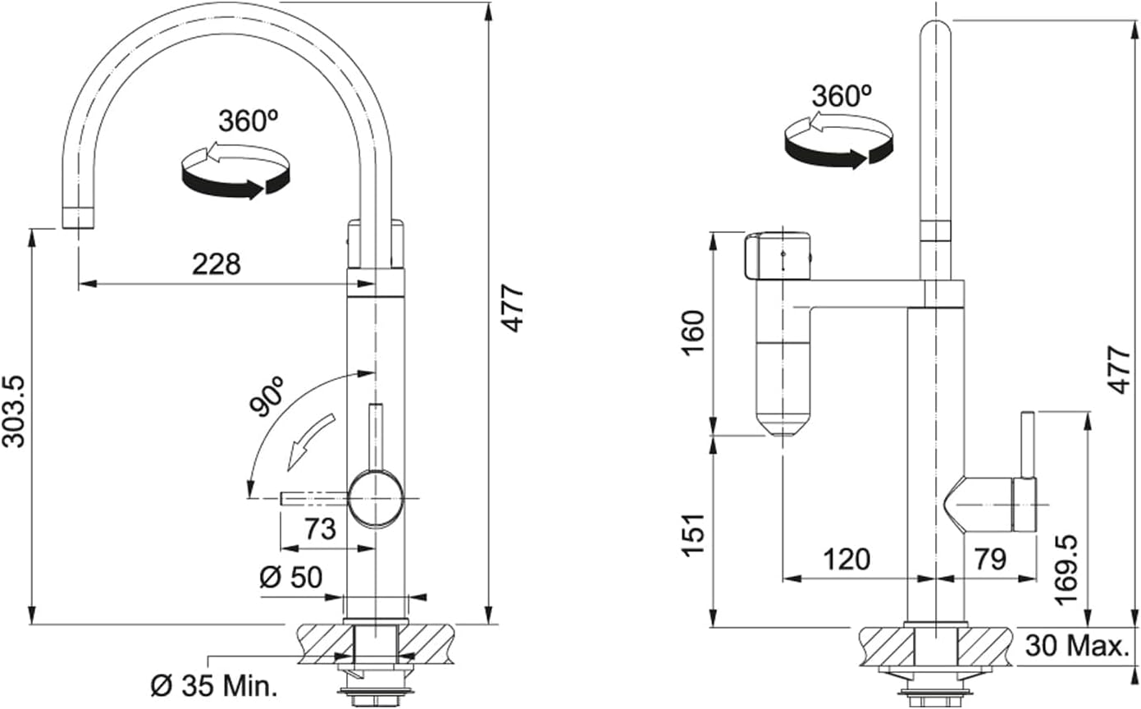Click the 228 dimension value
click(x=216, y=264)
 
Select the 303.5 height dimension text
click(x=14, y=412)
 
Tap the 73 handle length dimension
click(x=321, y=528)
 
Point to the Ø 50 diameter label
click(x=291, y=577)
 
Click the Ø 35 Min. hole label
click(x=214, y=687)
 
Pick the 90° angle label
click(x=267, y=396)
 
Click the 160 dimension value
click(x=693, y=333)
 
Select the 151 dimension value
click(x=693, y=535)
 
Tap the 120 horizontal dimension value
click(x=847, y=559)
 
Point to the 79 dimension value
click(x=990, y=559)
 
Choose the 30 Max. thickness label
click(x=1077, y=646)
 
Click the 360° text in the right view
click(x=842, y=96)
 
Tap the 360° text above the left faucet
click(x=249, y=121)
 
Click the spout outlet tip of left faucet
click(x=78, y=217)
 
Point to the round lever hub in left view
click(x=376, y=498)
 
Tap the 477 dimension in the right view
click(x=1119, y=369)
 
